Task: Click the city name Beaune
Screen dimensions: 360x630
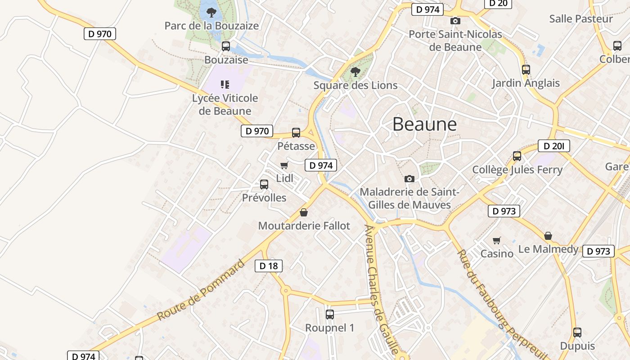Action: [424, 124]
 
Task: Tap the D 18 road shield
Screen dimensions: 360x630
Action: [269, 266]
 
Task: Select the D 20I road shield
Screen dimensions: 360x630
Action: [553, 146]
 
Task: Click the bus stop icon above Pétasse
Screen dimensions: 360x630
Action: [296, 132]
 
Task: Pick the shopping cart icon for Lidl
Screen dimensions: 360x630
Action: [284, 166]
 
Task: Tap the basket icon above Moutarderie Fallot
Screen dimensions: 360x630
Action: [304, 212]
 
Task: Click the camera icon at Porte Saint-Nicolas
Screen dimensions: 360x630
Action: [455, 21]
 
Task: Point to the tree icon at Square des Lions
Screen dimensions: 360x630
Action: [355, 72]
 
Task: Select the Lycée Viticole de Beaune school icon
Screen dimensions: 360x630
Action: [225, 84]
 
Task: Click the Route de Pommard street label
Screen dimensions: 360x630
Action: [201, 290]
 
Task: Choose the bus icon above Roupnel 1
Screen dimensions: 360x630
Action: [330, 314]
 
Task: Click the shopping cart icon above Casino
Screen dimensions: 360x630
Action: [496, 240]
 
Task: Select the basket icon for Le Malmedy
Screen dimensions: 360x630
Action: [548, 236]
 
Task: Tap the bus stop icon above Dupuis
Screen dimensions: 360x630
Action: [577, 333]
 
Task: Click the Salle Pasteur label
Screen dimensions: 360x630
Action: [581, 19]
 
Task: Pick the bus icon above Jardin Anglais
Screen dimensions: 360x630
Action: [526, 70]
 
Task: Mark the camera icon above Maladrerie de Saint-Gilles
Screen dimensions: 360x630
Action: [409, 179]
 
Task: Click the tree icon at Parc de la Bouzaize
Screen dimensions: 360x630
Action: [211, 12]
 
